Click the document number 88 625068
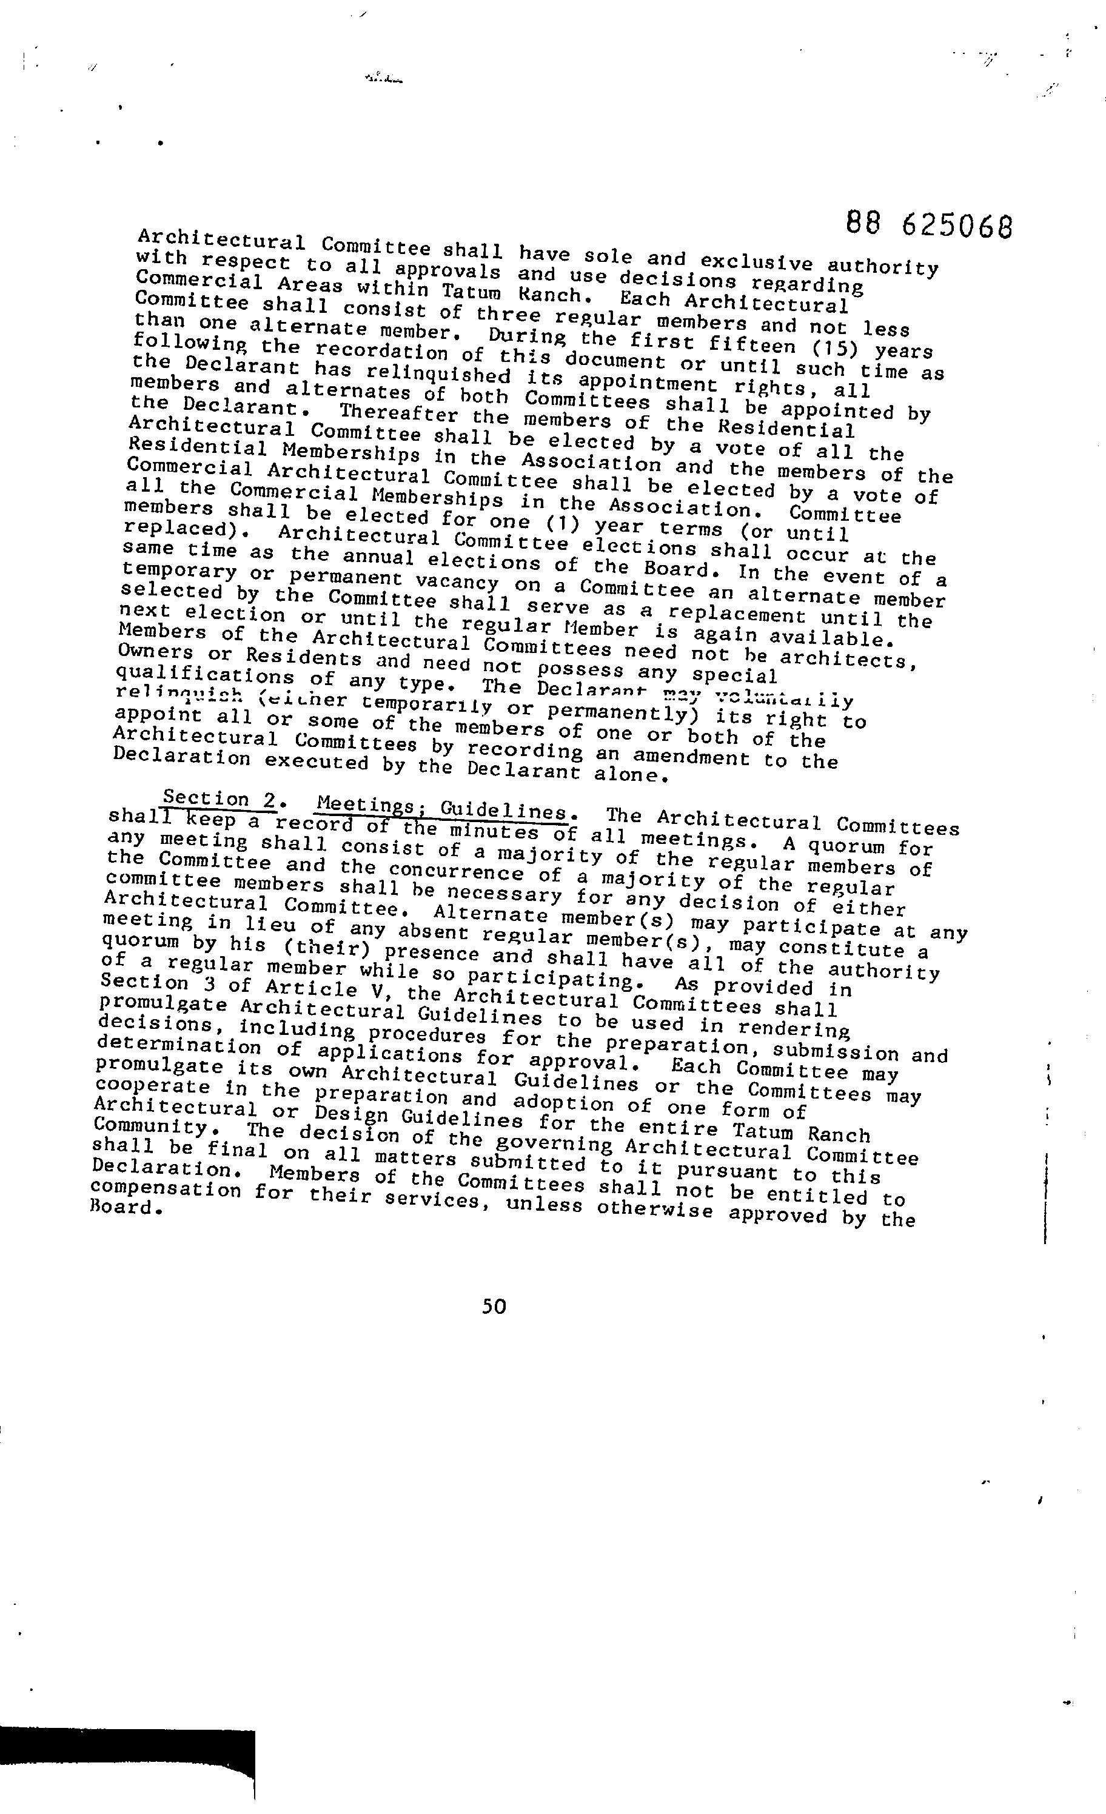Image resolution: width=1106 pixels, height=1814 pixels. [x=930, y=224]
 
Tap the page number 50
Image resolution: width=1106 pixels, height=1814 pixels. [x=494, y=1306]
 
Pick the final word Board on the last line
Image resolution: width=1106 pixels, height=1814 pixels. [x=121, y=1208]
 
